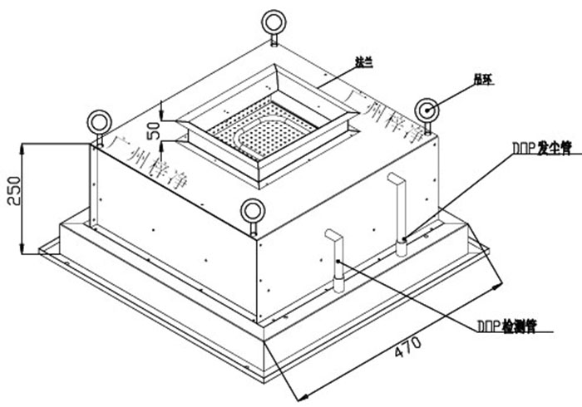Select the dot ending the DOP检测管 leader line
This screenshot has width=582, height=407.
(x=338, y=261)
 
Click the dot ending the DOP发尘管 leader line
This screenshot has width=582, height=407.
(x=403, y=239)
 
